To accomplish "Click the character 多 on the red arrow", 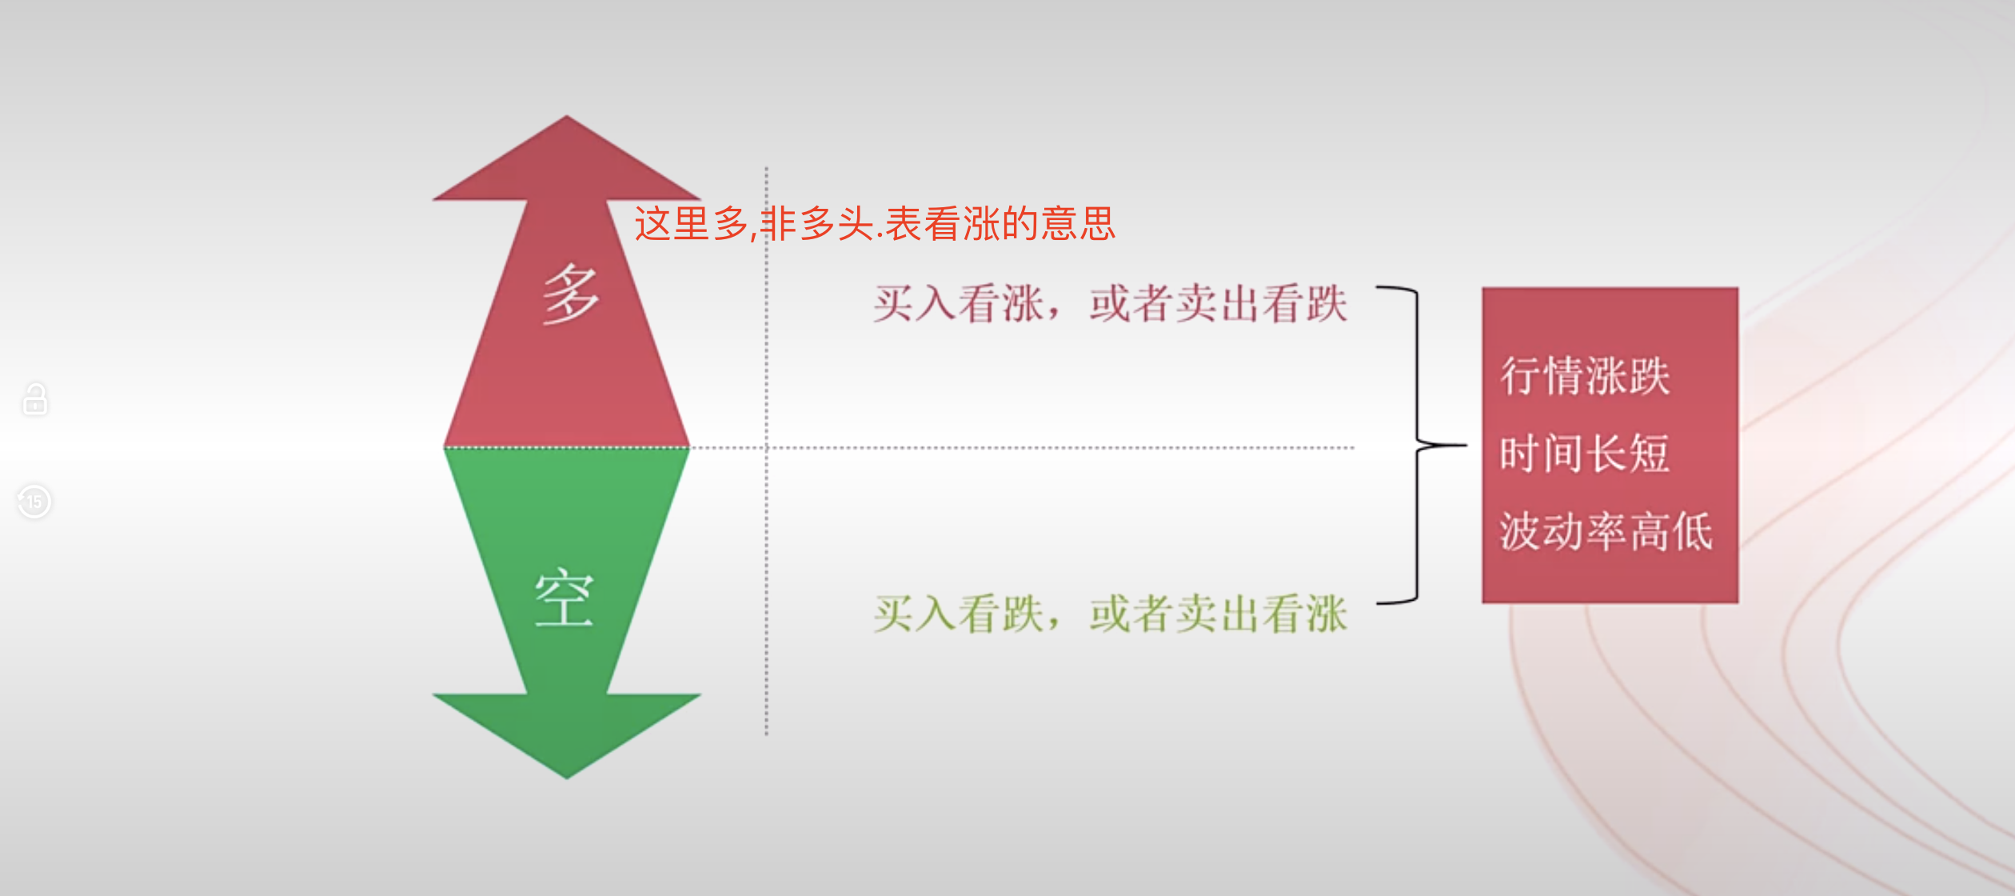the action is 570,295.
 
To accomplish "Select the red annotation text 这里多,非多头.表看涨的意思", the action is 874,224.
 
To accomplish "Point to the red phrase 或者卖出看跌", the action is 1218,304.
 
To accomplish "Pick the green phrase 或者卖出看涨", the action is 1218,614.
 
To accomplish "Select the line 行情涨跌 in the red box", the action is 1585,376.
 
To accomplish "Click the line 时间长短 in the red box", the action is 1585,454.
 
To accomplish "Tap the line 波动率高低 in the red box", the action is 1606,531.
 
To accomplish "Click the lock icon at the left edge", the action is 35,398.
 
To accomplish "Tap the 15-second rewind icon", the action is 34,502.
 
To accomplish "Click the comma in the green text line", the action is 1056,623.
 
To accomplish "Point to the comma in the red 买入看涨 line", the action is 1056,313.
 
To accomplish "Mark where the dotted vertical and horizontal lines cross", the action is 766,448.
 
